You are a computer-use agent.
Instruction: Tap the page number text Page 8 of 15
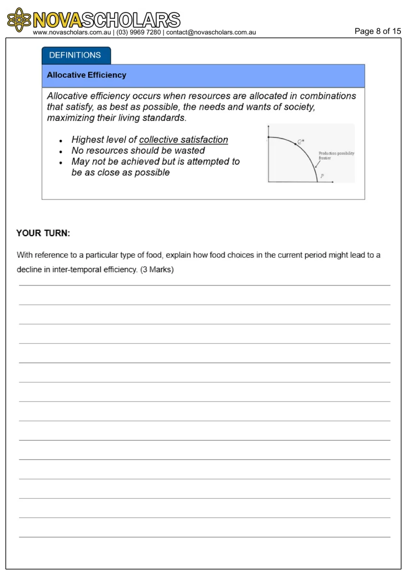click(x=377, y=32)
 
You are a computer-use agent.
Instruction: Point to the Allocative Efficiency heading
click(x=86, y=75)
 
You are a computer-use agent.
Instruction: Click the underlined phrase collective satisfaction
click(x=184, y=140)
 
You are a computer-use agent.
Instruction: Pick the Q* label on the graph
click(x=301, y=141)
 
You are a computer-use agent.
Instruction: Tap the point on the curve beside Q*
click(x=295, y=143)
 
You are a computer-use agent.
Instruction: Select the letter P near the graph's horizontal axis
click(x=322, y=176)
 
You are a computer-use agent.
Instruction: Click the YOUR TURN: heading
click(x=43, y=233)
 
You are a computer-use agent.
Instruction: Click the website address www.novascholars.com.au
click(x=72, y=33)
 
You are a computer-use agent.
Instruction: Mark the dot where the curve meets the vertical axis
click(x=268, y=137)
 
